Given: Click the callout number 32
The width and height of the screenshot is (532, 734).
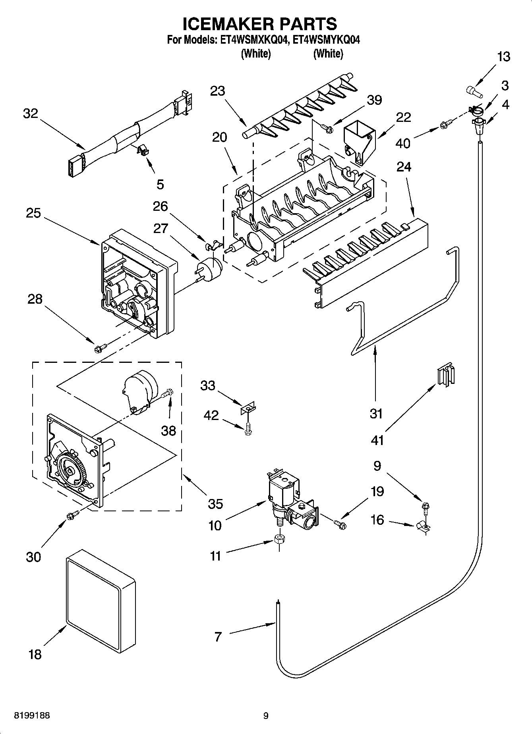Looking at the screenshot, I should pyautogui.click(x=30, y=114).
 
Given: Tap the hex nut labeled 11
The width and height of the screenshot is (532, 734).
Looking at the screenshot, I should pyautogui.click(x=279, y=539).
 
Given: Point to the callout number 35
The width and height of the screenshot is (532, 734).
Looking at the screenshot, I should pyautogui.click(x=215, y=503).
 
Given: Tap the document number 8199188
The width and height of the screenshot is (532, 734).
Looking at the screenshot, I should pyautogui.click(x=32, y=716).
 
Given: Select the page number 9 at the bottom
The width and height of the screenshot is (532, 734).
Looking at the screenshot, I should pyautogui.click(x=266, y=716).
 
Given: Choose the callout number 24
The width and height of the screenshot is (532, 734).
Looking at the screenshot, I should pyautogui.click(x=404, y=167).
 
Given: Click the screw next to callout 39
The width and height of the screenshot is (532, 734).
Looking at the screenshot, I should pyautogui.click(x=327, y=127).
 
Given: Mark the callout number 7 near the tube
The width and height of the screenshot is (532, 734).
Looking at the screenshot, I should pyautogui.click(x=217, y=637).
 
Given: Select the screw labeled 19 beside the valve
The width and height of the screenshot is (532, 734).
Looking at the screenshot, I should pyautogui.click(x=340, y=524).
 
